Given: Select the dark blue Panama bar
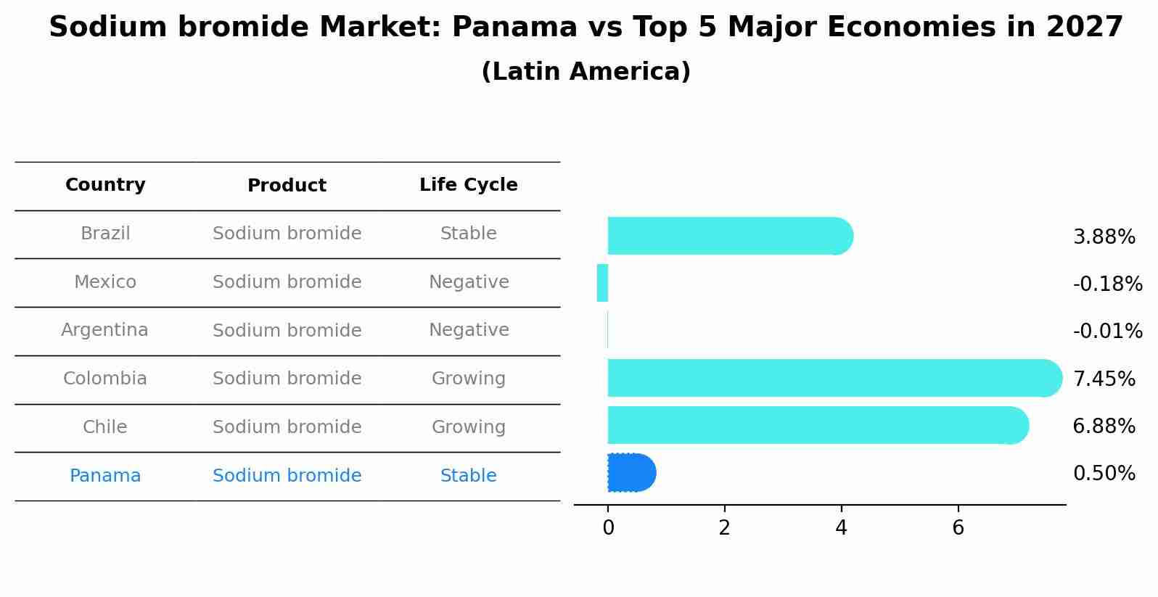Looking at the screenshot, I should click(x=631, y=473).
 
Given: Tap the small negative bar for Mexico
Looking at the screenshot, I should click(x=602, y=283).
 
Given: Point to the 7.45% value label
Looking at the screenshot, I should click(x=1104, y=379).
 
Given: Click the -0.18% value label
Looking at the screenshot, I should click(x=1107, y=284).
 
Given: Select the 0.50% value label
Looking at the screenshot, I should click(x=1104, y=474).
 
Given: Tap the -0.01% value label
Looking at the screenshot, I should click(x=1107, y=332).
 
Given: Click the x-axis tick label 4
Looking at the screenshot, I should click(x=841, y=528).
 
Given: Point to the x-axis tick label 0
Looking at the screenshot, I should click(x=608, y=528).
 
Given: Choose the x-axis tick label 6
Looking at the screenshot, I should click(x=958, y=528).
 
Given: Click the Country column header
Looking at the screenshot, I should click(x=105, y=185).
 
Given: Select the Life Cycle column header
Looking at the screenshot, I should click(x=468, y=185).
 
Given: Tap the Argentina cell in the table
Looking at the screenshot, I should click(x=104, y=330).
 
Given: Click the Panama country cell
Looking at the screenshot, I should click(x=105, y=476).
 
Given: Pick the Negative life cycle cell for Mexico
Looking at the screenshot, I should click(x=469, y=282).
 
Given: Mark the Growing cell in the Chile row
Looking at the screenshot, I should click(x=469, y=427).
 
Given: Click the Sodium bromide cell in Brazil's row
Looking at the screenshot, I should click(x=287, y=234).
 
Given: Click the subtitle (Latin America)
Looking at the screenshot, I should click(x=586, y=72).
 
